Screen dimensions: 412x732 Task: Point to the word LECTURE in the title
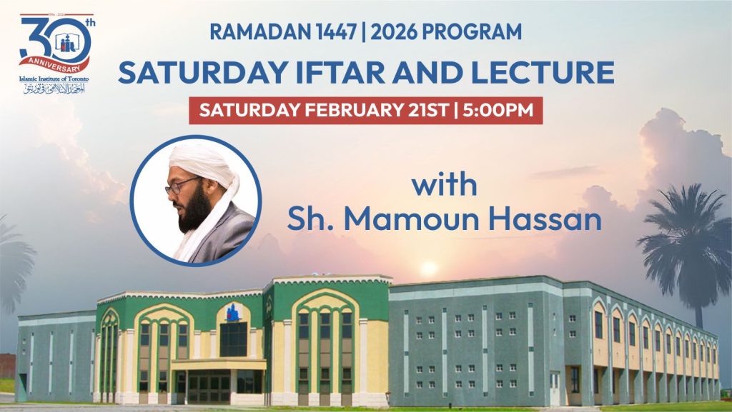[x=548, y=73]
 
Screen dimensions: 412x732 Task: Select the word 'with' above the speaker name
[x=444, y=186]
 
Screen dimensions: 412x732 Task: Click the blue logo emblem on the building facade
[x=233, y=312]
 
